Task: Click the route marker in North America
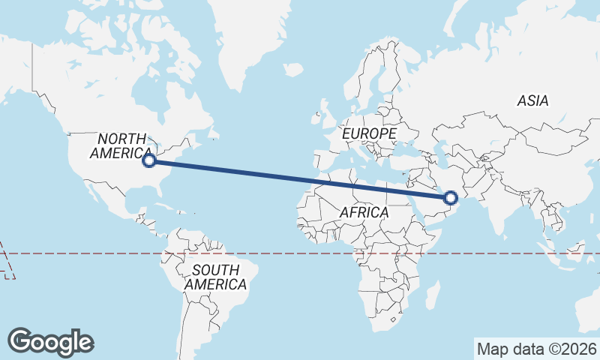click(x=149, y=160)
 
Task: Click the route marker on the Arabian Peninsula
click(x=451, y=198)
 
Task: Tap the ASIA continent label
click(x=532, y=100)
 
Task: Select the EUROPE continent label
click(x=368, y=133)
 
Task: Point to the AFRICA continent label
click(x=364, y=212)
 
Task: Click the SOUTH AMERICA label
click(x=215, y=277)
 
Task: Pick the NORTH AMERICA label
click(x=121, y=145)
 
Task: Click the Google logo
click(x=51, y=341)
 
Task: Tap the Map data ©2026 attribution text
click(x=536, y=349)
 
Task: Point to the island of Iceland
click(x=293, y=70)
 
